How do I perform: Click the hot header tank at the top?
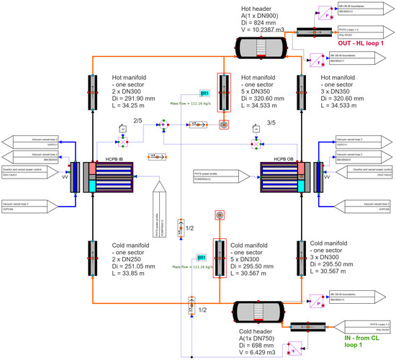coord(262,46)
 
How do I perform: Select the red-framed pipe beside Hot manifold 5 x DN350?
coord(225,94)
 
